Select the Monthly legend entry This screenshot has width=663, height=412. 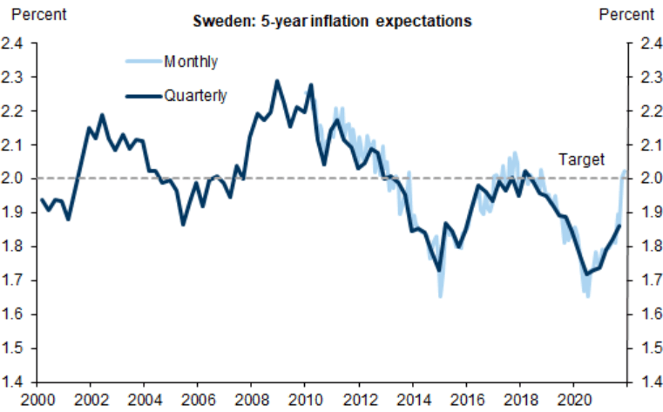190,61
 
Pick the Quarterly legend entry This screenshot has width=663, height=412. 195,96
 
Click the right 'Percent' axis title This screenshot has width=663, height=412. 626,14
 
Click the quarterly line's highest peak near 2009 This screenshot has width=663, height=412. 277,81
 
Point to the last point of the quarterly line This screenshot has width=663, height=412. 619,226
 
